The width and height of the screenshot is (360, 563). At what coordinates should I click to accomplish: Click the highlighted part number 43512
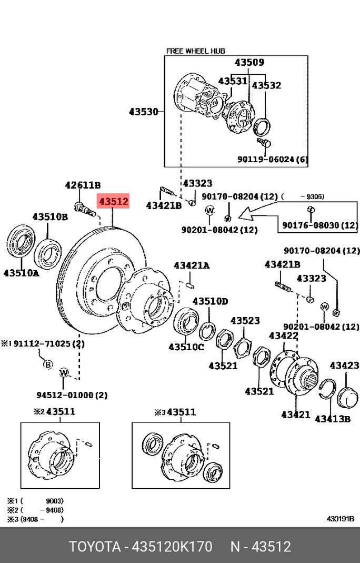(114, 201)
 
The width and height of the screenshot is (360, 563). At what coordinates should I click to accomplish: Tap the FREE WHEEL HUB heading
(195, 51)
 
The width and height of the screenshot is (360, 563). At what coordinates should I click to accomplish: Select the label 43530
(143, 112)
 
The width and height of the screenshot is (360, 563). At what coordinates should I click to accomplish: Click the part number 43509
(249, 63)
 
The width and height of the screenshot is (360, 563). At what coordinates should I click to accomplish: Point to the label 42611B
(83, 185)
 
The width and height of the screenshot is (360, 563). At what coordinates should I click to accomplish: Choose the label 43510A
(21, 273)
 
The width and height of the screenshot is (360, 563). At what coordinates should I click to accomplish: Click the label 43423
(344, 365)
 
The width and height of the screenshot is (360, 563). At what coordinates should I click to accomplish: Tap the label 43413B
(333, 419)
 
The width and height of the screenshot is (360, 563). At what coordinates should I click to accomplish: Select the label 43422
(284, 335)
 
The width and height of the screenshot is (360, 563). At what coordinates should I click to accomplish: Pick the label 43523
(245, 320)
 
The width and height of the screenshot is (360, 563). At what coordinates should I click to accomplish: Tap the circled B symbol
(47, 364)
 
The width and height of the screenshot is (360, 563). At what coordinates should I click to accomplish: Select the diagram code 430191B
(340, 519)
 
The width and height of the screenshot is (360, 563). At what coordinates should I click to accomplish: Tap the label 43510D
(210, 301)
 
